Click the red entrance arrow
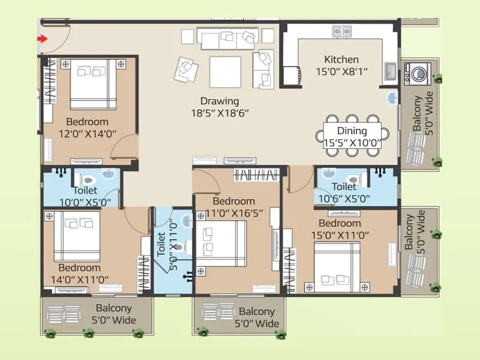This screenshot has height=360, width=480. [42, 40]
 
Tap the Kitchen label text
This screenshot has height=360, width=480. [341, 59]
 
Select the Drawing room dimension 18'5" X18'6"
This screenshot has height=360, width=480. [220, 112]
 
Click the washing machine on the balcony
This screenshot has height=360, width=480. [414, 73]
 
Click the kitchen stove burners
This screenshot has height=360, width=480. [341, 31]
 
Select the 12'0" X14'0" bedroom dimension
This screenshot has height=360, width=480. [83, 134]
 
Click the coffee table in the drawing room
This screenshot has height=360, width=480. [225, 72]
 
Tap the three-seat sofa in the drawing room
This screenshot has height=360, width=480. [227, 40]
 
